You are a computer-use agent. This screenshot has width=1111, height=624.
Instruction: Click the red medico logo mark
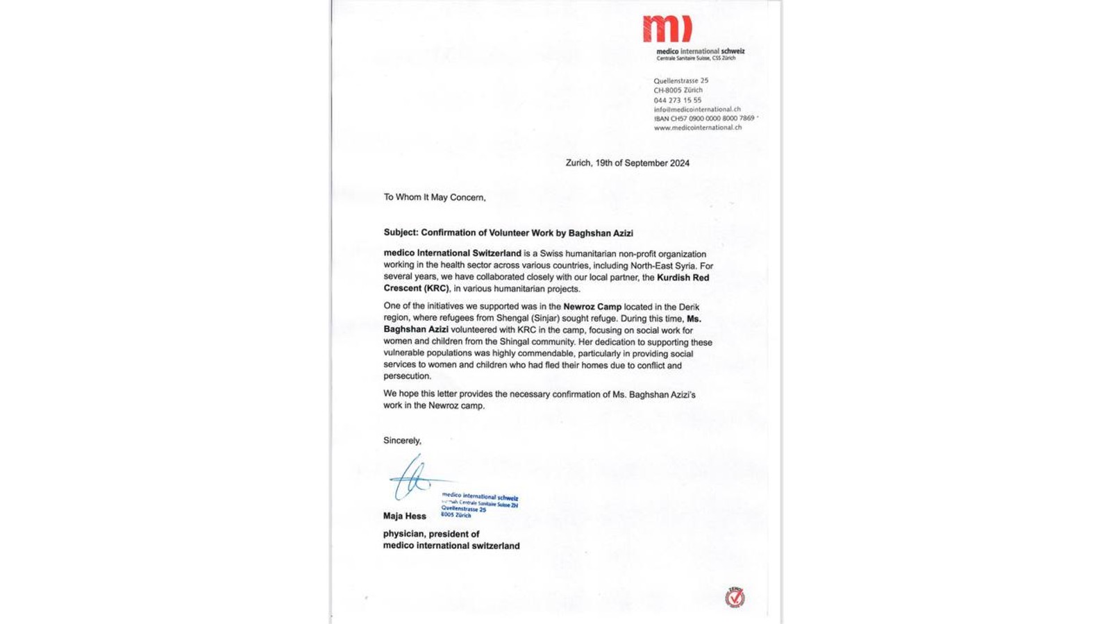(667, 29)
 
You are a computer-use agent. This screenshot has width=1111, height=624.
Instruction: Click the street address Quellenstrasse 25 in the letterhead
(680, 81)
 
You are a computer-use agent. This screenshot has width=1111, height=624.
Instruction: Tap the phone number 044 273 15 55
(677, 100)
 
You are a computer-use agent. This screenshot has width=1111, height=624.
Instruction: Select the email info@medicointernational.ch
(696, 109)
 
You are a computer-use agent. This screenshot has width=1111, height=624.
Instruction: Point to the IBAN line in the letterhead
(703, 119)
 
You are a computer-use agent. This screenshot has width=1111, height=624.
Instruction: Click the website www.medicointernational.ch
(697, 128)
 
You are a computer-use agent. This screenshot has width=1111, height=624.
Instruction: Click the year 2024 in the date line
(679, 163)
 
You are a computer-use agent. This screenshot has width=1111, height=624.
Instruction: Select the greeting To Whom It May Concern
(434, 198)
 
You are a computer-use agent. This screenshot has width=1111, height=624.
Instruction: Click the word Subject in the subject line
(400, 233)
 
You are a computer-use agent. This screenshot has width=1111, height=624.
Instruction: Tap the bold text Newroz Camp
(592, 307)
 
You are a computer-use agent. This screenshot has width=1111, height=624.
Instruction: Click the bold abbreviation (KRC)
(436, 289)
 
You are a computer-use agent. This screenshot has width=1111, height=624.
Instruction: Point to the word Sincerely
(402, 441)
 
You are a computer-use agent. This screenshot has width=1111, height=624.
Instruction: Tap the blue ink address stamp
(479, 505)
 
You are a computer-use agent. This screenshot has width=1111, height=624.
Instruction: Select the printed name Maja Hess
(404, 516)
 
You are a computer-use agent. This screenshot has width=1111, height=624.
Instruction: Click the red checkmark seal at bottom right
(735, 598)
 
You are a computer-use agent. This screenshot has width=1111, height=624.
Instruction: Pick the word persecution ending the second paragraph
(406, 376)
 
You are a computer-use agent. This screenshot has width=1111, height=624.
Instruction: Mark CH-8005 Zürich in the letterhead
(678, 90)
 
